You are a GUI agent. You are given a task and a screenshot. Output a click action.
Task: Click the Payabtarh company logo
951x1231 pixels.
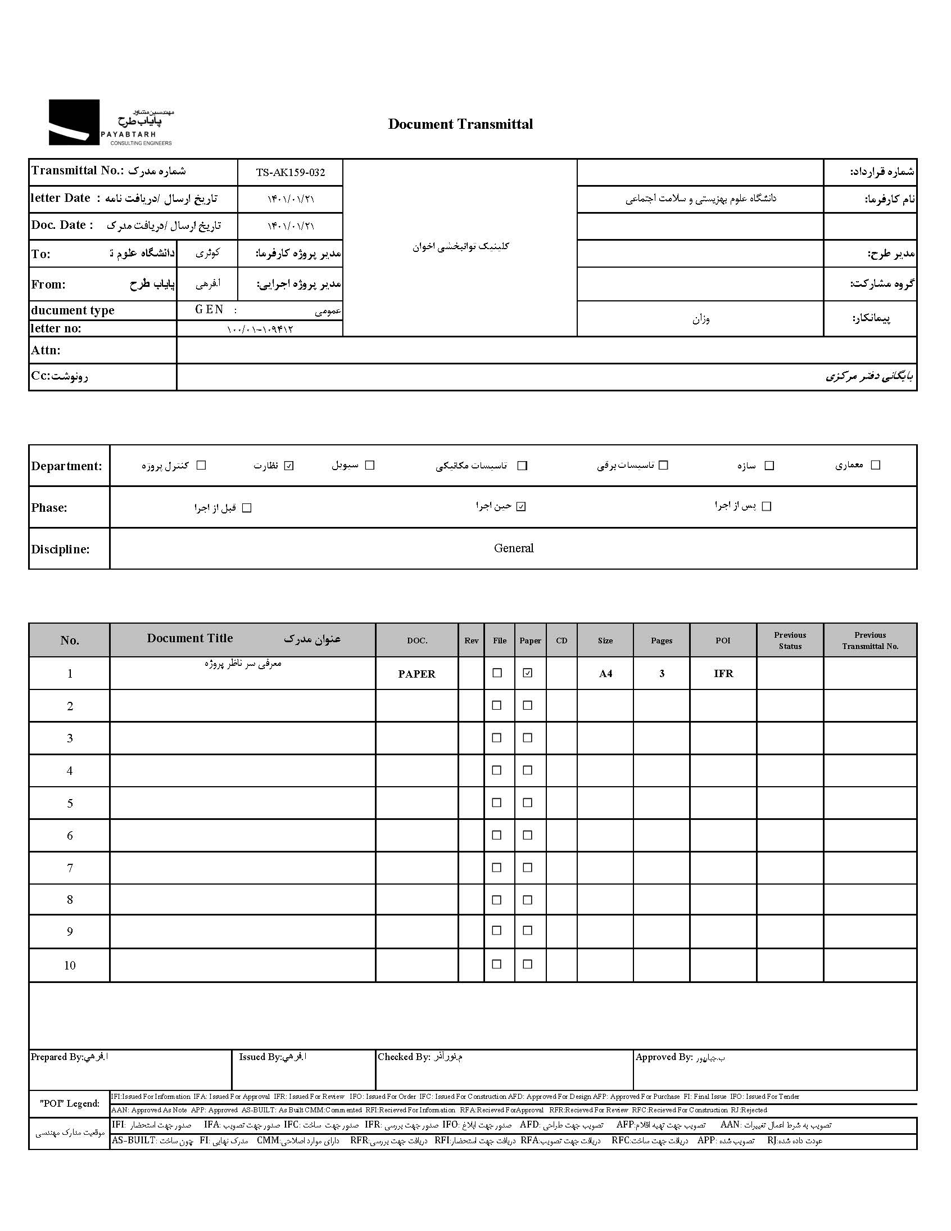click(x=110, y=123)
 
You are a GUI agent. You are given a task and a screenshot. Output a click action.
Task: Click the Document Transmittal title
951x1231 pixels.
click(x=460, y=125)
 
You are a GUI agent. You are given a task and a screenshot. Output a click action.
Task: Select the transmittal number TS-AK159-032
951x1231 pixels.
click(x=290, y=173)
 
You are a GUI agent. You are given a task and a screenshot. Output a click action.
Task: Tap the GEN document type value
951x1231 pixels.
click(x=209, y=309)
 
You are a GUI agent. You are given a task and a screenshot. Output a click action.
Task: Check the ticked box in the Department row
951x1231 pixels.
click(x=289, y=466)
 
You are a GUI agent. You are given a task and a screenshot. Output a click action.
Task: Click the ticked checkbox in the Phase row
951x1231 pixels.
click(x=521, y=507)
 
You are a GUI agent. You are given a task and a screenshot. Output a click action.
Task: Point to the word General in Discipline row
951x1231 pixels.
click(x=513, y=548)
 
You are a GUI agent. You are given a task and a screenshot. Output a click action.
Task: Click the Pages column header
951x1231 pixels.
click(x=662, y=641)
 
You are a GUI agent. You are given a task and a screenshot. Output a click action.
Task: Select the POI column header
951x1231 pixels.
click(x=723, y=641)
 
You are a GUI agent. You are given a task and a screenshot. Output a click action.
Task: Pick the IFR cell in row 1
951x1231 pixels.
click(x=723, y=674)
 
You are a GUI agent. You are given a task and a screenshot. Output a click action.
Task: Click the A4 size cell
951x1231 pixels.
click(x=605, y=674)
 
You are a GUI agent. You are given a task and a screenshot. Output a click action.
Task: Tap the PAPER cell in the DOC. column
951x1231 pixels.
click(x=416, y=674)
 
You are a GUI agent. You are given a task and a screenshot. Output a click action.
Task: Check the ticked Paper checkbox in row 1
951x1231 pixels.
click(x=527, y=673)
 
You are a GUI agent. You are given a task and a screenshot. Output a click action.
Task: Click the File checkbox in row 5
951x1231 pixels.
click(x=497, y=802)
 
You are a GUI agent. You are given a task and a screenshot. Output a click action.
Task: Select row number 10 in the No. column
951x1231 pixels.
click(x=69, y=966)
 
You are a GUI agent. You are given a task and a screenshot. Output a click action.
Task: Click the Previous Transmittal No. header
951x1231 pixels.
click(x=870, y=641)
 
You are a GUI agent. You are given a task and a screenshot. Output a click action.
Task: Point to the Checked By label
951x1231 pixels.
click(x=404, y=1057)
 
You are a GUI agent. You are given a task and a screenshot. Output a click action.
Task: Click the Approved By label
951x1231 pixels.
click(x=663, y=1057)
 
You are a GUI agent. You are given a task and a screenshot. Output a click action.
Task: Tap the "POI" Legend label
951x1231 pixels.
click(x=69, y=1103)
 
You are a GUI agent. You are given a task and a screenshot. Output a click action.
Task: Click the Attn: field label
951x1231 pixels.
click(x=46, y=350)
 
